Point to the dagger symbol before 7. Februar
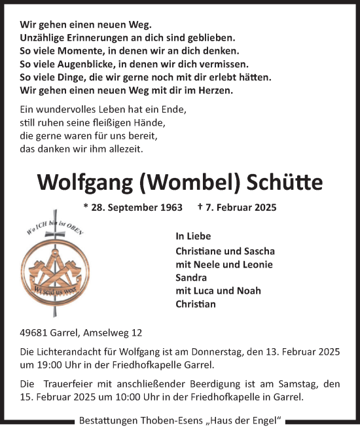tap(200, 207)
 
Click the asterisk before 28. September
tap(86, 207)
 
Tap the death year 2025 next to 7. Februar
tap(262, 208)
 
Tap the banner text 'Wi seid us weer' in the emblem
tap(57, 286)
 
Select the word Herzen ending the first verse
tap(213, 90)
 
